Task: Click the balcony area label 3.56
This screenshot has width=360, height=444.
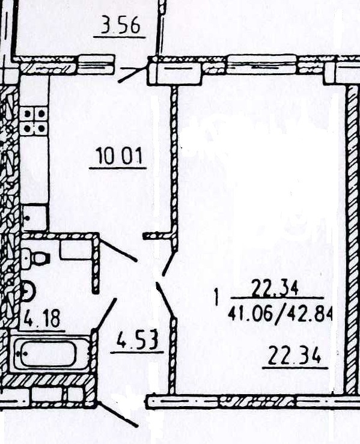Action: (x=120, y=25)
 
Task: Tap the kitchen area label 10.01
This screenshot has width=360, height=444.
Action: (x=119, y=156)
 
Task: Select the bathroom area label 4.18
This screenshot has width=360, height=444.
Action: (x=42, y=318)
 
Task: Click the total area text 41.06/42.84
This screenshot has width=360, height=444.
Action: (x=280, y=313)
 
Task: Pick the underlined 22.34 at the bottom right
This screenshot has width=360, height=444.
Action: (x=294, y=356)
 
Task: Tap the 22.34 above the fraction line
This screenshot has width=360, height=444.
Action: (x=275, y=288)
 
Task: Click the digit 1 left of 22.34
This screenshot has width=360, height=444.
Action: (x=217, y=297)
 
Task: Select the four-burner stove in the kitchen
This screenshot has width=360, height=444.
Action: (x=34, y=121)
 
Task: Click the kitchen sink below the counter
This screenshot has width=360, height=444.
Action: (x=34, y=218)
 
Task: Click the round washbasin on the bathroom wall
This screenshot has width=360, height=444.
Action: (x=28, y=291)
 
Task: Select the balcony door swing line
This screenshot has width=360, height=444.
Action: (x=133, y=74)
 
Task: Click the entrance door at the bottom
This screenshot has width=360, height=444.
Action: (x=118, y=414)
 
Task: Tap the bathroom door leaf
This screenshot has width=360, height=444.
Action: (x=105, y=314)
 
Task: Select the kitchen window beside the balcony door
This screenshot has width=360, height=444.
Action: (x=96, y=64)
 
